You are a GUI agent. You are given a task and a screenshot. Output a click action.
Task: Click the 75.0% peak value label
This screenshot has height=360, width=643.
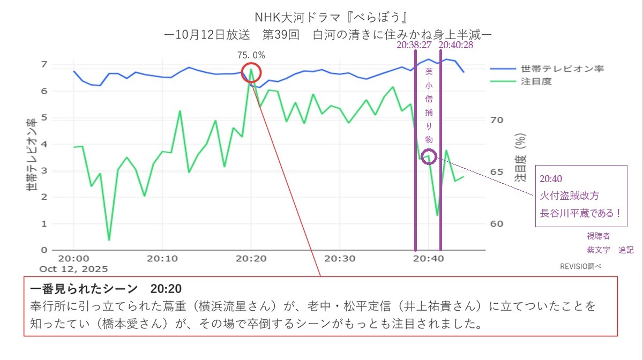coord(251,55)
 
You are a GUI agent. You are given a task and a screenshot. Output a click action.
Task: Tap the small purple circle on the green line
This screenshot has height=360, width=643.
coord(429,156)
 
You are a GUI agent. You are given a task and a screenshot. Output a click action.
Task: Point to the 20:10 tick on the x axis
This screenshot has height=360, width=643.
coord(162,258)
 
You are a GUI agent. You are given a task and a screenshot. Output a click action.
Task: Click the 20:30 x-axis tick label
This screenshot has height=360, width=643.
coord(340,258)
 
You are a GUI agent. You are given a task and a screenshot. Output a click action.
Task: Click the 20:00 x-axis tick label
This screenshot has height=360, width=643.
coord(73,258)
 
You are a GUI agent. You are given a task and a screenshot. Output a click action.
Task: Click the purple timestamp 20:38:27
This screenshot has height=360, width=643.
coord(415,46)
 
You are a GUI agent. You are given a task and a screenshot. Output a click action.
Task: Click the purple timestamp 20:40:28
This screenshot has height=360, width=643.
coord(455,46)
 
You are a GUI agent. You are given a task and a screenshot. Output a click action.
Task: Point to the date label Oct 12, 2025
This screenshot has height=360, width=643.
coord(73,268)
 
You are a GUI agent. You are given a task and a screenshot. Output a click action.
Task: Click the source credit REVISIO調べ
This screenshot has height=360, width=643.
coord(581,266)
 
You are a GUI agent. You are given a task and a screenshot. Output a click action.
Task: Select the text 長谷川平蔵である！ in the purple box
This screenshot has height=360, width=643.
coord(581,213)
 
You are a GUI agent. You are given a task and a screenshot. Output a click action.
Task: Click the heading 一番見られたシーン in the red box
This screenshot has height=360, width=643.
coord(84,289)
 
